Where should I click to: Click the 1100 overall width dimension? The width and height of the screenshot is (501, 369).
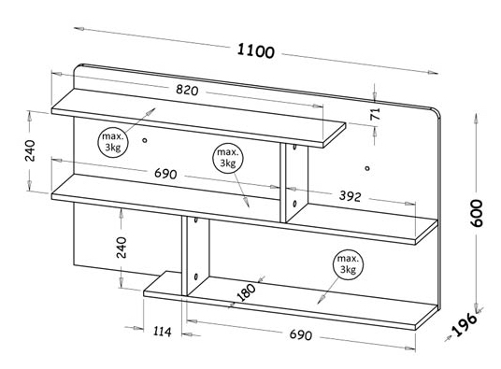(x=255, y=51)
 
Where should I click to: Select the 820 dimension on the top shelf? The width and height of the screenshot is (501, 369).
(x=187, y=91)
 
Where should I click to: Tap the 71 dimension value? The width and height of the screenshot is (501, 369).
(x=376, y=114)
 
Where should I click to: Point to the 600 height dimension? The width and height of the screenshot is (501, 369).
(x=477, y=213)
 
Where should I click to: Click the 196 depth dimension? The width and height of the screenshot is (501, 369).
(x=465, y=325)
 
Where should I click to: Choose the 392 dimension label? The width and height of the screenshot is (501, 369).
(x=351, y=196)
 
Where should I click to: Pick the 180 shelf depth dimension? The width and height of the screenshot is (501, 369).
(x=247, y=292)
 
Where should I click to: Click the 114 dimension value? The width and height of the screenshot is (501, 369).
(x=163, y=332)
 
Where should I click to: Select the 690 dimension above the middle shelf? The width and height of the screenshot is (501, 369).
(x=165, y=174)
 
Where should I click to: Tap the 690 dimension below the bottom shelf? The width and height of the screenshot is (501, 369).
(x=301, y=334)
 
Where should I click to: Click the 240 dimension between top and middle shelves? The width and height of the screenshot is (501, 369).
(x=30, y=150)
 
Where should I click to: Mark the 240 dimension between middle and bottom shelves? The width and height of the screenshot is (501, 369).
(x=122, y=248)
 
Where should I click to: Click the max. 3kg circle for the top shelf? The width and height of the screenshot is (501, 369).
(x=113, y=142)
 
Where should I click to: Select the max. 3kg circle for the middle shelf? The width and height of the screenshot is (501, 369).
(x=228, y=158)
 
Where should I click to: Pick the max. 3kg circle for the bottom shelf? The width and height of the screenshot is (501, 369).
(x=349, y=264)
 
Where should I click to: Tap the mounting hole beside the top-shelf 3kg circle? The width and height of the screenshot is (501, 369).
(x=145, y=140)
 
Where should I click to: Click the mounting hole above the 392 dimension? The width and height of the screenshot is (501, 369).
(x=367, y=168)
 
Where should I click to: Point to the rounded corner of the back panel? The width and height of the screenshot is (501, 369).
(x=436, y=113)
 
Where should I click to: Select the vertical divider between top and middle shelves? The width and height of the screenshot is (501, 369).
(x=293, y=183)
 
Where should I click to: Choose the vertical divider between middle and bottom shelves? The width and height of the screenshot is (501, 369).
(x=195, y=255)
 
